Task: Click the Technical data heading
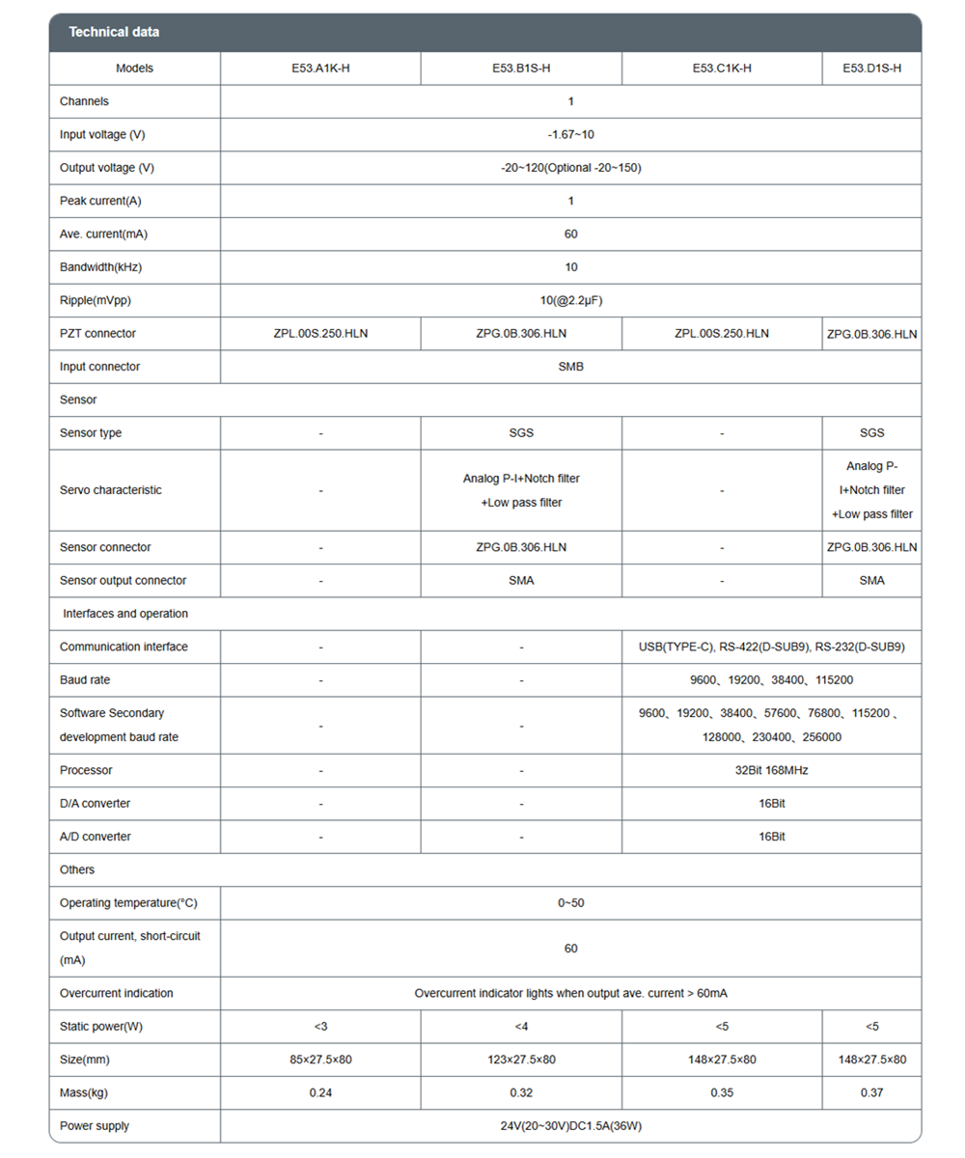pyautogui.click(x=114, y=33)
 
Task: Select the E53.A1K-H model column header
pyautogui.click(x=320, y=69)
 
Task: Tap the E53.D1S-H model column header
pyautogui.click(x=871, y=69)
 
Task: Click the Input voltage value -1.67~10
pyautogui.click(x=570, y=134)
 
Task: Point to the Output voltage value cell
pyautogui.click(x=570, y=167)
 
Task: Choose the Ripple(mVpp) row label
pyautogui.click(x=95, y=300)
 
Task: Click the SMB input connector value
pyautogui.click(x=570, y=367)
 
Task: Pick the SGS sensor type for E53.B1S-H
pyautogui.click(x=521, y=433)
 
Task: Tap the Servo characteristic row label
pyautogui.click(x=111, y=489)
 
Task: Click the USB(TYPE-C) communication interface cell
pyautogui.click(x=771, y=647)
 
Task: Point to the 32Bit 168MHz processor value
pyautogui.click(x=771, y=770)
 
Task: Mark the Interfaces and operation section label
pyautogui.click(x=125, y=613)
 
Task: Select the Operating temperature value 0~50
pyautogui.click(x=570, y=903)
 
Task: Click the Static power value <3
pyautogui.click(x=320, y=1026)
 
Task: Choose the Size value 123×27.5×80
pyautogui.click(x=521, y=1060)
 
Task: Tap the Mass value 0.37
pyautogui.click(x=871, y=1093)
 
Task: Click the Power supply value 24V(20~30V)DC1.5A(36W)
pyautogui.click(x=570, y=1126)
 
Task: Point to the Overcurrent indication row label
pyautogui.click(x=116, y=993)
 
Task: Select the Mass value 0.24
pyautogui.click(x=320, y=1093)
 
